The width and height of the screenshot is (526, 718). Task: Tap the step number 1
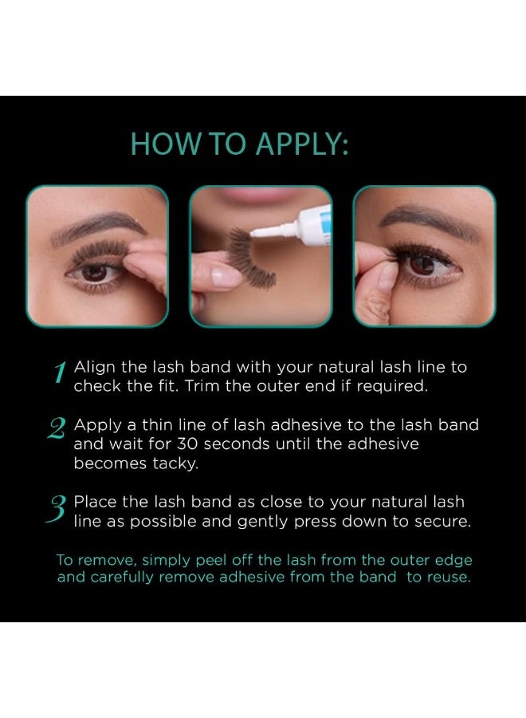tap(59, 373)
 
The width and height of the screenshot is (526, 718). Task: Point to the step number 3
tap(57, 508)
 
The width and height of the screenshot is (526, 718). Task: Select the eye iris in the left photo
tap(94, 272)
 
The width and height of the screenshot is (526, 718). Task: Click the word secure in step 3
tap(442, 521)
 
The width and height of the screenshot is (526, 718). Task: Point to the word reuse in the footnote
tap(449, 577)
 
